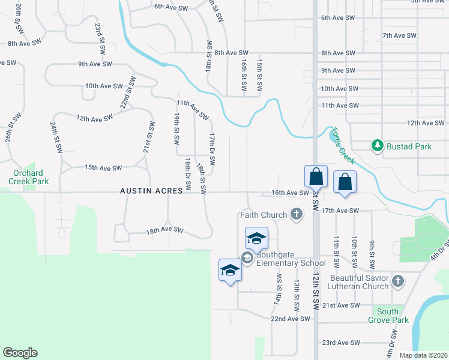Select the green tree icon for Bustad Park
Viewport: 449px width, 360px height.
coord(377,146)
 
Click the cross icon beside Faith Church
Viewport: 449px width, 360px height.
coord(295,214)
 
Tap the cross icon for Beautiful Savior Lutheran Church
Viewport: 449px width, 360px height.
coord(397,281)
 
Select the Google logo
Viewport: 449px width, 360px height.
coord(20,353)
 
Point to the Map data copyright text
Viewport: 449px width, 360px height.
coord(423,355)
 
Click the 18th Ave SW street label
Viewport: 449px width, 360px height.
coord(164,230)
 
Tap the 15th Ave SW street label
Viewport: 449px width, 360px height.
coord(103,167)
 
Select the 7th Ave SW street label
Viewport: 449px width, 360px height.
coord(399,35)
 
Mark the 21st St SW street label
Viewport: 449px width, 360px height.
coord(146,136)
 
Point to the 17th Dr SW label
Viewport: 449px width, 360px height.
coord(212,150)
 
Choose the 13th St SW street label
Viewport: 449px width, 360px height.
coord(297,294)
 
